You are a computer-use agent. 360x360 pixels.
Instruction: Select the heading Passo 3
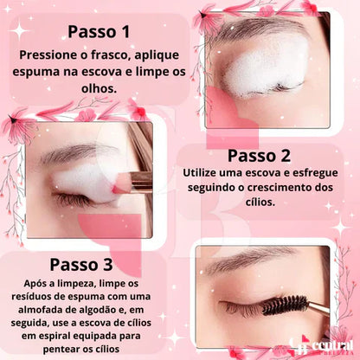(81, 263)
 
